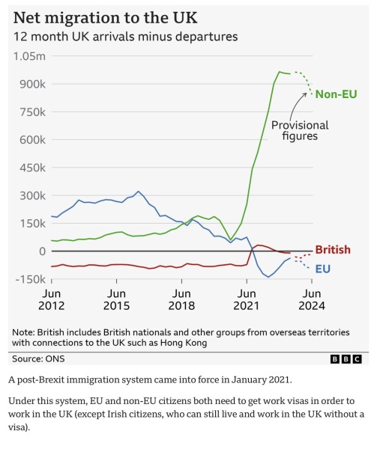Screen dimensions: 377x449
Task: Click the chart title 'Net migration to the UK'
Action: tap(105, 18)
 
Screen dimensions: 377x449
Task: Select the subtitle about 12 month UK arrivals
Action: tap(126, 37)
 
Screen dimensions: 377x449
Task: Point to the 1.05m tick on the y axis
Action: tap(29, 56)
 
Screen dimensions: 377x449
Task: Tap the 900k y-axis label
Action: tap(32, 84)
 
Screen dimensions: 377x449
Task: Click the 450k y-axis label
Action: tap(32, 168)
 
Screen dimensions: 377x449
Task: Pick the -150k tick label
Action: tap(30, 279)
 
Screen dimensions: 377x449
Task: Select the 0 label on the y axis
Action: tap(43, 251)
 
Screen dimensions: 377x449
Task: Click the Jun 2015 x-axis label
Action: tap(116, 299)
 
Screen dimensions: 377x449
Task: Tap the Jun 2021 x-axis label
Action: tap(247, 299)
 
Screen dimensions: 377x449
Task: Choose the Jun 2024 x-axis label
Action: tap(312, 299)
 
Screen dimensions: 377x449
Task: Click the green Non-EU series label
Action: tap(336, 94)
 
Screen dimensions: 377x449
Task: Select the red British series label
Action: tap(333, 249)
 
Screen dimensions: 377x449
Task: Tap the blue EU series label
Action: tap(323, 269)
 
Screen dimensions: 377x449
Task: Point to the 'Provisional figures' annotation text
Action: tap(300, 130)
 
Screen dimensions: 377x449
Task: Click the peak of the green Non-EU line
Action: tap(280, 72)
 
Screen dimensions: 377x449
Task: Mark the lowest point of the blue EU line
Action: tap(268, 277)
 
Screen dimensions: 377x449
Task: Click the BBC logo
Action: tap(346, 358)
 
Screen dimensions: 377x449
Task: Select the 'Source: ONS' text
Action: tap(38, 358)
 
